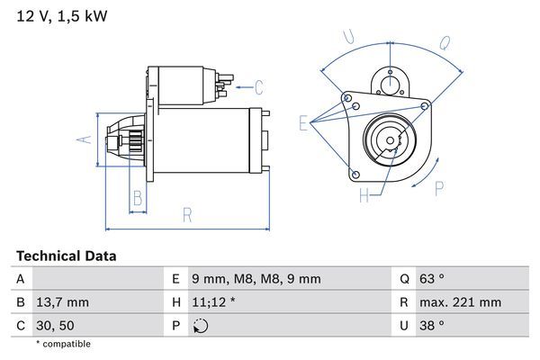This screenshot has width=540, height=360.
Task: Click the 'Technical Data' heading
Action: pyautogui.click(x=66, y=256)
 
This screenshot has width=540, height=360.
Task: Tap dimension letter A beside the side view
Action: pyautogui.click(x=82, y=139)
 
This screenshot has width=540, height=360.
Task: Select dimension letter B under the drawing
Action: pyautogui.click(x=138, y=198)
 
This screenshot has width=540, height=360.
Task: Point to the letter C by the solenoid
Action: pyautogui.click(x=258, y=87)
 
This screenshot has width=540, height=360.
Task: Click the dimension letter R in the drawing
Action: pyautogui.click(x=187, y=214)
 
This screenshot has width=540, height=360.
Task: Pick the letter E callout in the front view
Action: pyautogui.click(x=302, y=124)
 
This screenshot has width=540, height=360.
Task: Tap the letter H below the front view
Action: pyautogui.click(x=364, y=195)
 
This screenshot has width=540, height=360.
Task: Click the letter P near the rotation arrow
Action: pyautogui.click(x=440, y=188)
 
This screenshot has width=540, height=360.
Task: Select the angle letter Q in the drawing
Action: pyautogui.click(x=445, y=42)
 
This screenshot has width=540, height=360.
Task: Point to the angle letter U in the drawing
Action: pyautogui.click(x=348, y=37)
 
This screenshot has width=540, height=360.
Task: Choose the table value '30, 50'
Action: pyautogui.click(x=57, y=325)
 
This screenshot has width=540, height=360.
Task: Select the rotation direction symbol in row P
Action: pyautogui.click(x=200, y=325)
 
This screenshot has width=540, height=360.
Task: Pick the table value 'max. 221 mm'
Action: pyautogui.click(x=463, y=302)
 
